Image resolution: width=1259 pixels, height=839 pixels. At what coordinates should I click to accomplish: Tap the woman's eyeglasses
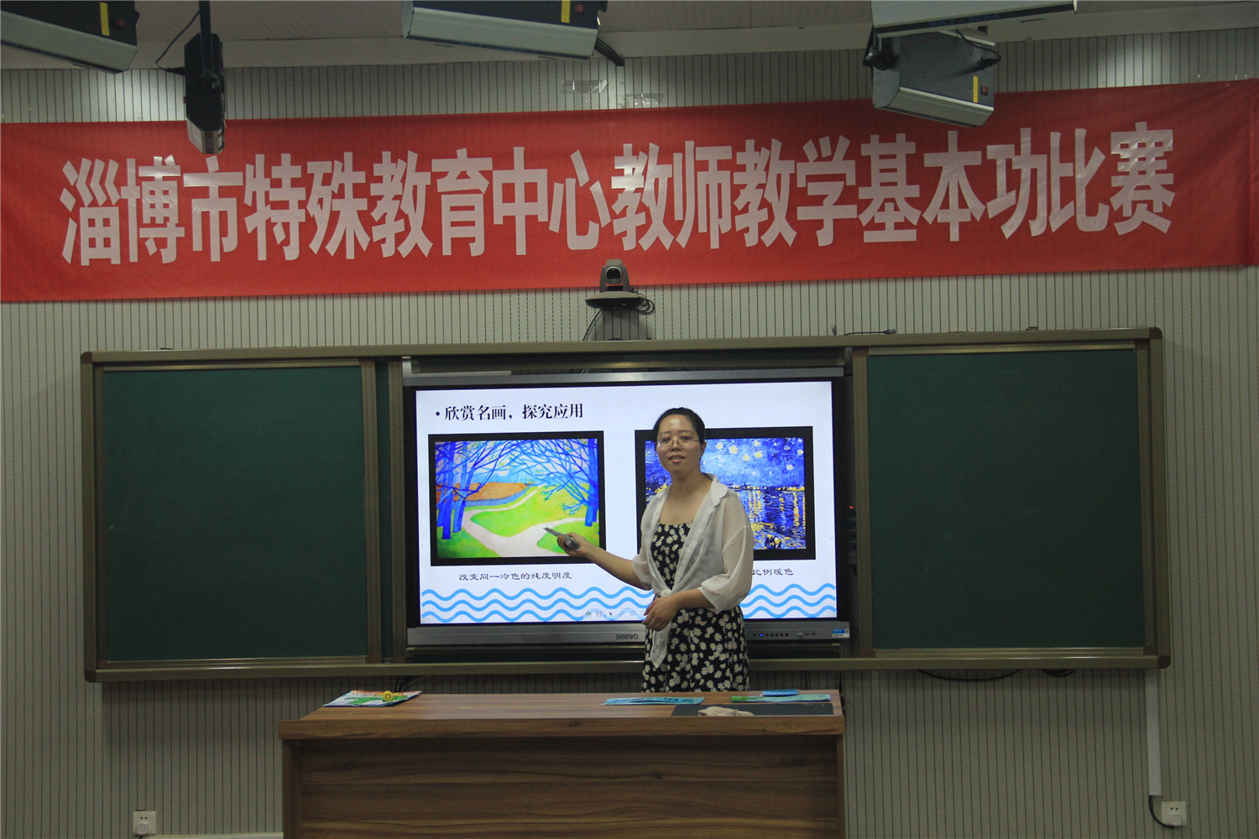(x=677, y=440)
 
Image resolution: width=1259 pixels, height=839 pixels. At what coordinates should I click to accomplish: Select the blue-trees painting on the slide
(x=516, y=498)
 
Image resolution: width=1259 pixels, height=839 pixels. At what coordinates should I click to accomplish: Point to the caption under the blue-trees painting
(x=515, y=576)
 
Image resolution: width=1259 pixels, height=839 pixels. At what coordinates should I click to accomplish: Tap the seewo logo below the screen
(x=627, y=638)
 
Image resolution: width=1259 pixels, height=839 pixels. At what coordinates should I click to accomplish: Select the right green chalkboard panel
(x=1006, y=500)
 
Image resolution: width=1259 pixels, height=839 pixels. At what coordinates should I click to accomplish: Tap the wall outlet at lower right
(x=1173, y=811)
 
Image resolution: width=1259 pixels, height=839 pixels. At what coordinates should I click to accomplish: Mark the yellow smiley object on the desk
(x=387, y=695)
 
